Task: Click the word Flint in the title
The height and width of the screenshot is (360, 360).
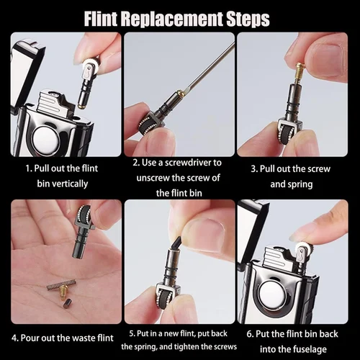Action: click(101, 19)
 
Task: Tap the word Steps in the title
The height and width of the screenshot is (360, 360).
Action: click(248, 19)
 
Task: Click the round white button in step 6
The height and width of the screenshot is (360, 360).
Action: click(272, 294)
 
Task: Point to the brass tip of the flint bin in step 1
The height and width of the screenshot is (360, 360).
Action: click(81, 106)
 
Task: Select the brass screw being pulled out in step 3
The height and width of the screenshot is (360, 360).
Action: click(300, 73)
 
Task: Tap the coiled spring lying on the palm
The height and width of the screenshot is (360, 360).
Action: click(62, 284)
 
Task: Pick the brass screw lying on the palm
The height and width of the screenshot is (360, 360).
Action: click(63, 292)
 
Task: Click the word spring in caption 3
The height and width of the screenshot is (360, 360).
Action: click(300, 185)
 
